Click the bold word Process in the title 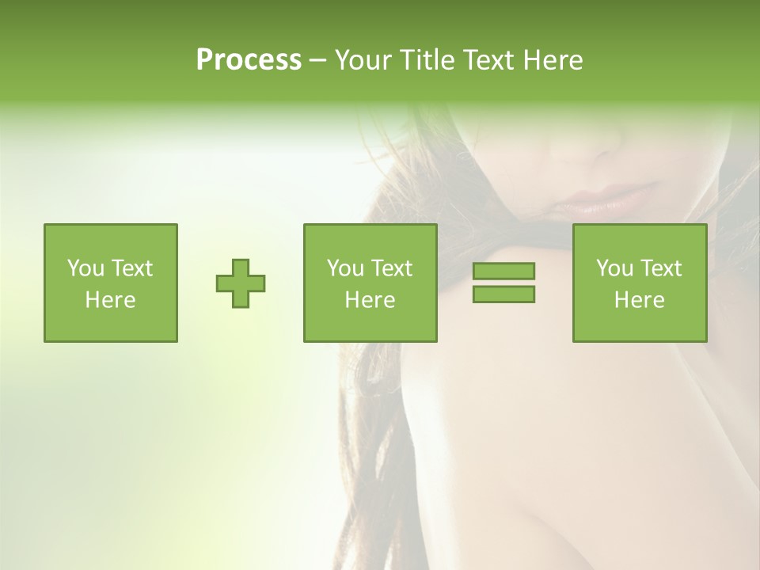click(x=249, y=59)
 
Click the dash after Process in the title click(x=317, y=60)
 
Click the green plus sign click(x=241, y=283)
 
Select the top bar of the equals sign click(x=503, y=271)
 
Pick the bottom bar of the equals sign click(x=503, y=294)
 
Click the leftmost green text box click(x=110, y=283)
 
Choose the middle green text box click(x=370, y=283)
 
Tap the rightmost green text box click(x=639, y=283)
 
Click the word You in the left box click(x=85, y=268)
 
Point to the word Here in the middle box click(x=370, y=300)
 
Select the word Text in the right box click(x=661, y=268)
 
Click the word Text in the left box click(x=132, y=268)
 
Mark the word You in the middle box click(x=345, y=268)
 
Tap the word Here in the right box click(x=639, y=300)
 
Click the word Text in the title click(x=488, y=59)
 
